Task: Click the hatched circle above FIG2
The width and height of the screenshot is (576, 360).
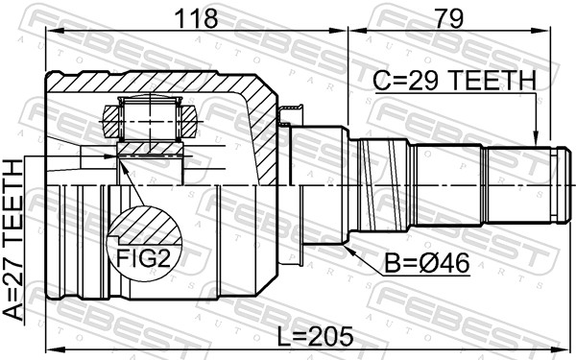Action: tap(145, 230)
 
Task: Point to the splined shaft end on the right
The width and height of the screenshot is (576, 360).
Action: tap(522, 182)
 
